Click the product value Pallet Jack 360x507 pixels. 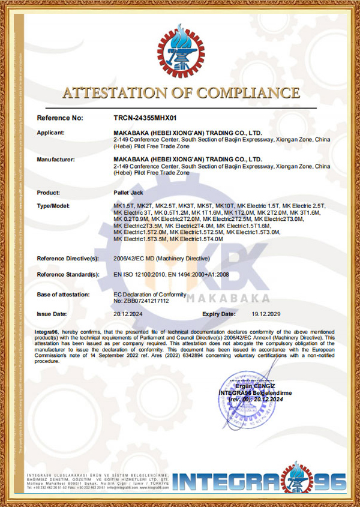coord(127,193)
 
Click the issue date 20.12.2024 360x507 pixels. coord(128,314)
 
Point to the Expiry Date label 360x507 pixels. coord(218,314)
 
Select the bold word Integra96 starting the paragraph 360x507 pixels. coord(46,331)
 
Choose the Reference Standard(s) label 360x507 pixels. coord(68,274)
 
